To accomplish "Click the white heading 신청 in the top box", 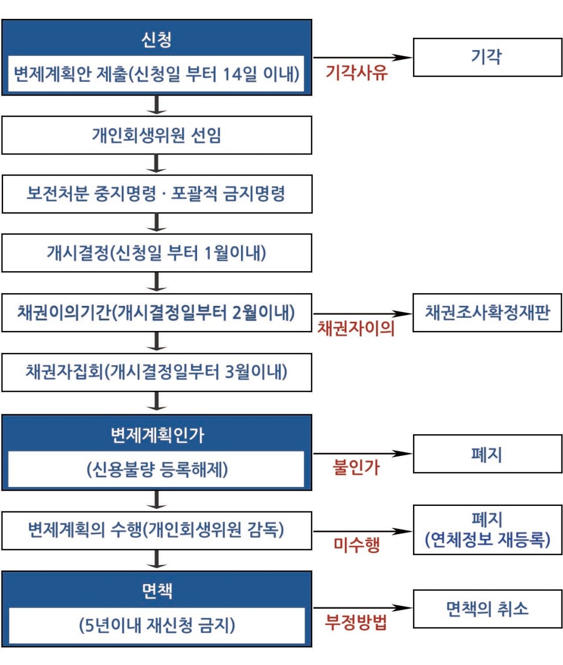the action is coord(157,40).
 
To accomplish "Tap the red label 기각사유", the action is coord(357,73).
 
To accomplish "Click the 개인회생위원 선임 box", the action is coord(157,135).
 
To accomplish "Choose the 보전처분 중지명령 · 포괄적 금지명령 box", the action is coord(157,194).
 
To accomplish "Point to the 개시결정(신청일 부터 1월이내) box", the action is coord(157,253).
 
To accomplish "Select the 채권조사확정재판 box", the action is coord(487,313).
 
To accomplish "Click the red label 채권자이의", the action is coord(356,328).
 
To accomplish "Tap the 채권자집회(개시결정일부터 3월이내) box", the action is coord(157,372).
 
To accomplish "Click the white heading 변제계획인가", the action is coord(157,436).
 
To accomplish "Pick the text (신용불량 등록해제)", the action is coord(157,470).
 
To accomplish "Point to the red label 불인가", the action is coord(356,467).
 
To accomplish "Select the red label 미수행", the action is coord(357,545).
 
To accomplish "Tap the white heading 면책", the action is coord(157,591).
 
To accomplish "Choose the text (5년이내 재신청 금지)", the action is coord(157,625).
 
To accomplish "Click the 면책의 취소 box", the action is coord(487,609).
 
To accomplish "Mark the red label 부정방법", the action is coord(356,623).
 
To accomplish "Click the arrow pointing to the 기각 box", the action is coord(362,58).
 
